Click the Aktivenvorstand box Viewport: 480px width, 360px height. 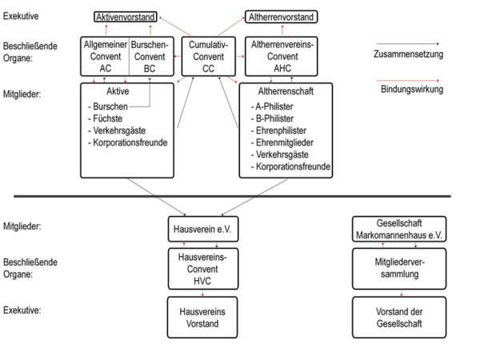click(x=125, y=17)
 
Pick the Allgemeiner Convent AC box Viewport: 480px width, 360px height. click(x=105, y=56)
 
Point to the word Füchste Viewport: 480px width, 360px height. click(x=108, y=118)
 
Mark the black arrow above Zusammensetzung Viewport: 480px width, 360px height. click(x=410, y=44)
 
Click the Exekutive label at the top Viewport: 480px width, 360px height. click(x=21, y=15)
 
